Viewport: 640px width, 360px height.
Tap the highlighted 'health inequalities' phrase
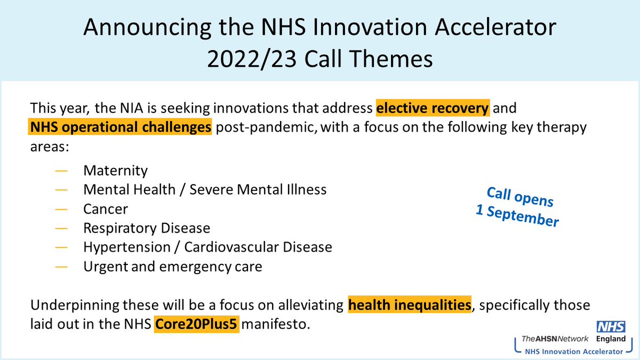tap(410, 306)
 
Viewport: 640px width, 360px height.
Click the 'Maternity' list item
tap(115, 171)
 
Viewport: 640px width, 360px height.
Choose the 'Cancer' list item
tap(106, 209)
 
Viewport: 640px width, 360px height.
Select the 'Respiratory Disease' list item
tap(147, 228)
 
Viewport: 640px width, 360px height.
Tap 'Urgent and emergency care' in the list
tap(173, 266)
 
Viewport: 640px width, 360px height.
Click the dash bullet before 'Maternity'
tap(61, 171)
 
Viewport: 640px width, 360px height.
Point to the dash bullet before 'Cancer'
tap(61, 209)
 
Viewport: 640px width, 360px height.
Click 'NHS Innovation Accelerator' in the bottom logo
tap(573, 351)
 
